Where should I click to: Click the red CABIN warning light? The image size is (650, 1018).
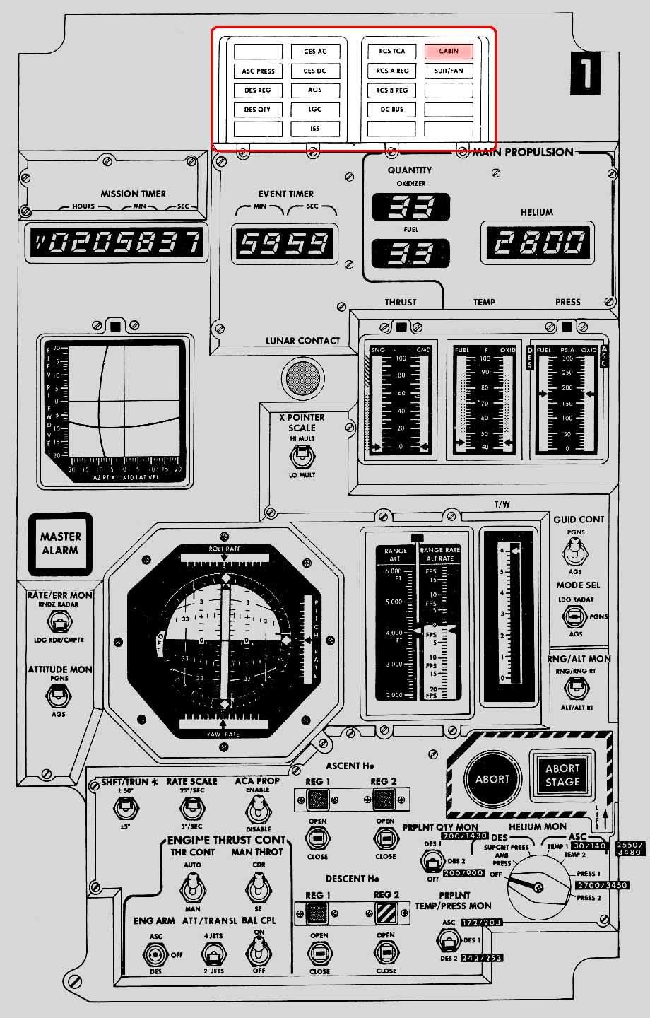click(448, 51)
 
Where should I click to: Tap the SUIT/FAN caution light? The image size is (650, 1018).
click(448, 71)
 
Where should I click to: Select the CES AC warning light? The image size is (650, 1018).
click(315, 52)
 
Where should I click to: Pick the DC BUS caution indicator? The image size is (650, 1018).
click(392, 110)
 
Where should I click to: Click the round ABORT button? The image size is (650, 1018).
click(492, 779)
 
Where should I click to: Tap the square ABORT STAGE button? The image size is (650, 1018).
click(562, 776)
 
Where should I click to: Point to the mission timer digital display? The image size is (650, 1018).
click(117, 244)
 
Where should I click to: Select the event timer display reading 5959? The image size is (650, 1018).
click(285, 243)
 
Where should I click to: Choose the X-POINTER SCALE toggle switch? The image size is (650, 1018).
click(302, 457)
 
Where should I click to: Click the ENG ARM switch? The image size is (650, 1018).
click(155, 954)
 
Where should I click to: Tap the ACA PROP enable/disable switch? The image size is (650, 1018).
click(258, 806)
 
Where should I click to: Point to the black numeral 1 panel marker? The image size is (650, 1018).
click(585, 76)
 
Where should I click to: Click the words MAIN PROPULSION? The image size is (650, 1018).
click(523, 152)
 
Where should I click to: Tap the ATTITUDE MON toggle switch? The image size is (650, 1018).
click(59, 695)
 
